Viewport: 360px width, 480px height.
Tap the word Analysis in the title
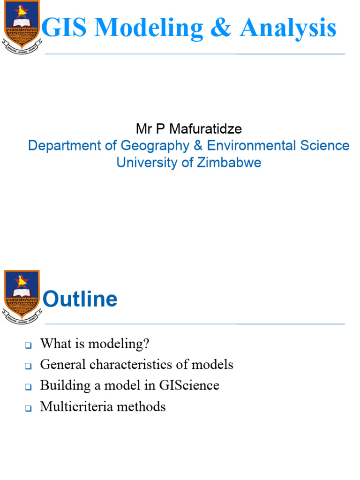click(x=288, y=29)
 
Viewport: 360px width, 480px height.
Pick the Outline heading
click(x=80, y=299)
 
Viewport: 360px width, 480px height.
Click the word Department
click(x=60, y=145)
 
